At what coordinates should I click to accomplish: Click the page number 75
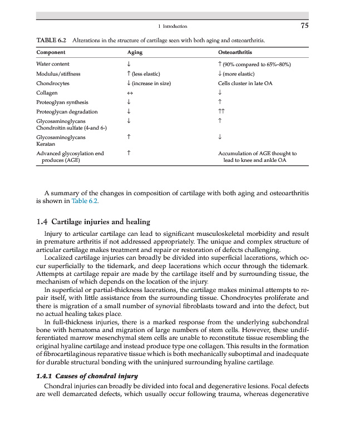(x=304, y=26)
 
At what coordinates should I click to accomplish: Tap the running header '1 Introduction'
(x=172, y=26)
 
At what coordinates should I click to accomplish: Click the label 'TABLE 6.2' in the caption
(x=52, y=41)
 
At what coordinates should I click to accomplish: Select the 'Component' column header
(x=51, y=52)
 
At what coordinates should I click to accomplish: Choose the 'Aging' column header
(x=135, y=52)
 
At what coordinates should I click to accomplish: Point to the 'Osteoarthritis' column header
(x=235, y=52)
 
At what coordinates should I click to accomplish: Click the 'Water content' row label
(x=53, y=65)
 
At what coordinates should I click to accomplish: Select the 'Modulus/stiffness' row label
(x=58, y=74)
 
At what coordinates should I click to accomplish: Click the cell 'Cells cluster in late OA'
(x=245, y=83)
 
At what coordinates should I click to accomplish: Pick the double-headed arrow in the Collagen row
(x=130, y=93)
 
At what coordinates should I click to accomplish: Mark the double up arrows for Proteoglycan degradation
(x=221, y=112)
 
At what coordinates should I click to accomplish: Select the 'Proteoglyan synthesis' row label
(x=62, y=102)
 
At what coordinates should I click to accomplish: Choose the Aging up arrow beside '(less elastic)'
(x=129, y=74)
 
